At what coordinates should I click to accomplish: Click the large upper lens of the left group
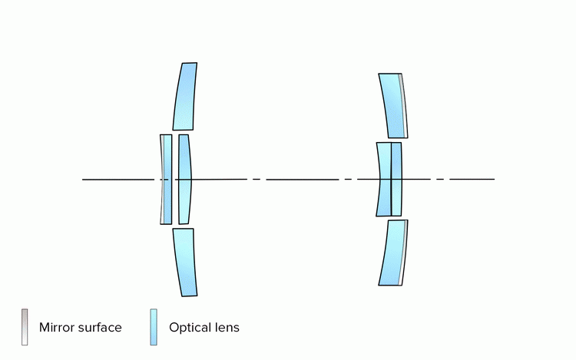[x=184, y=97]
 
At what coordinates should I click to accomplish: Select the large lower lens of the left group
[x=184, y=262]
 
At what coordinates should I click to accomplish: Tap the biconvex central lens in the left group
[x=184, y=180]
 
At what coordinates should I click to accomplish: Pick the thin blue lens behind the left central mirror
[x=167, y=180]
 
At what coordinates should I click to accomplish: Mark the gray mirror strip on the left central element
[x=161, y=180]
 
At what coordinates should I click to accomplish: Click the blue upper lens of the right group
[x=392, y=105]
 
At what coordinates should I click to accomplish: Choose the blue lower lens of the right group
[x=392, y=253]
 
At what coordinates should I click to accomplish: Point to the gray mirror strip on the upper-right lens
[x=403, y=106]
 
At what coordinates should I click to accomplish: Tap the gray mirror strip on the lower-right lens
[x=403, y=252]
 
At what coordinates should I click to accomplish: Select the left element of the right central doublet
[x=383, y=180]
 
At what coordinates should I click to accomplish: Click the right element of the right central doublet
[x=396, y=180]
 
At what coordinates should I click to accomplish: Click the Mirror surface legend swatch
[x=25, y=327]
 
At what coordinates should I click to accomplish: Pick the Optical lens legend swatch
[x=154, y=327]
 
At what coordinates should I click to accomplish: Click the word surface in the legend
[x=101, y=328]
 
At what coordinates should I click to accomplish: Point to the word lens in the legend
[x=227, y=328]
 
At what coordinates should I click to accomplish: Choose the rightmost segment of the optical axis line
[x=472, y=180]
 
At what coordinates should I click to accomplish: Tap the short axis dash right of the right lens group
[x=439, y=180]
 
